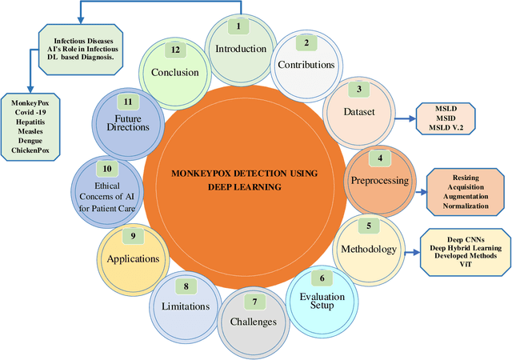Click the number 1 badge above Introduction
[x=236, y=26]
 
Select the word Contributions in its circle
[x=304, y=64]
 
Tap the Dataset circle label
[x=359, y=113]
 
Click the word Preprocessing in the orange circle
[x=380, y=180]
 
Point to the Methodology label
[x=369, y=249]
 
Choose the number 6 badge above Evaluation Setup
[x=322, y=278]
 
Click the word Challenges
[x=254, y=322]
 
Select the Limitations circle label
[x=185, y=306]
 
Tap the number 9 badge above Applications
[x=133, y=237]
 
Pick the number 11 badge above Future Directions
[x=127, y=102]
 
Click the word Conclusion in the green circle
[x=174, y=72]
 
